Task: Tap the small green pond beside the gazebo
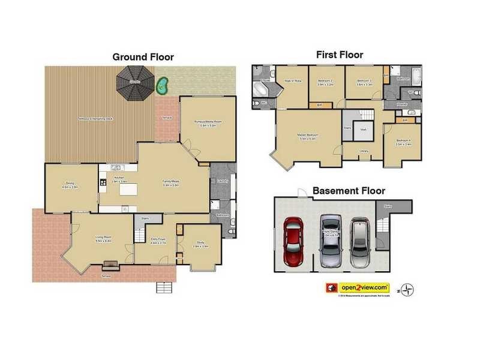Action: coord(161,85)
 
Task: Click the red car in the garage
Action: coord(293,243)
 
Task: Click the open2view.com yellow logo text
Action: coord(364,287)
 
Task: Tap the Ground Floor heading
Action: coord(143,57)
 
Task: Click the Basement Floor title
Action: coord(349,191)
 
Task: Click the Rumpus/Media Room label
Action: coord(208,123)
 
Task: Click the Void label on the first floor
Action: coord(364,130)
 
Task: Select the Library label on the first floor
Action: coord(364,151)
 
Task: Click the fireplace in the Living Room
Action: coord(110,264)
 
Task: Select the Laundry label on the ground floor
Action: coord(221,180)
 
